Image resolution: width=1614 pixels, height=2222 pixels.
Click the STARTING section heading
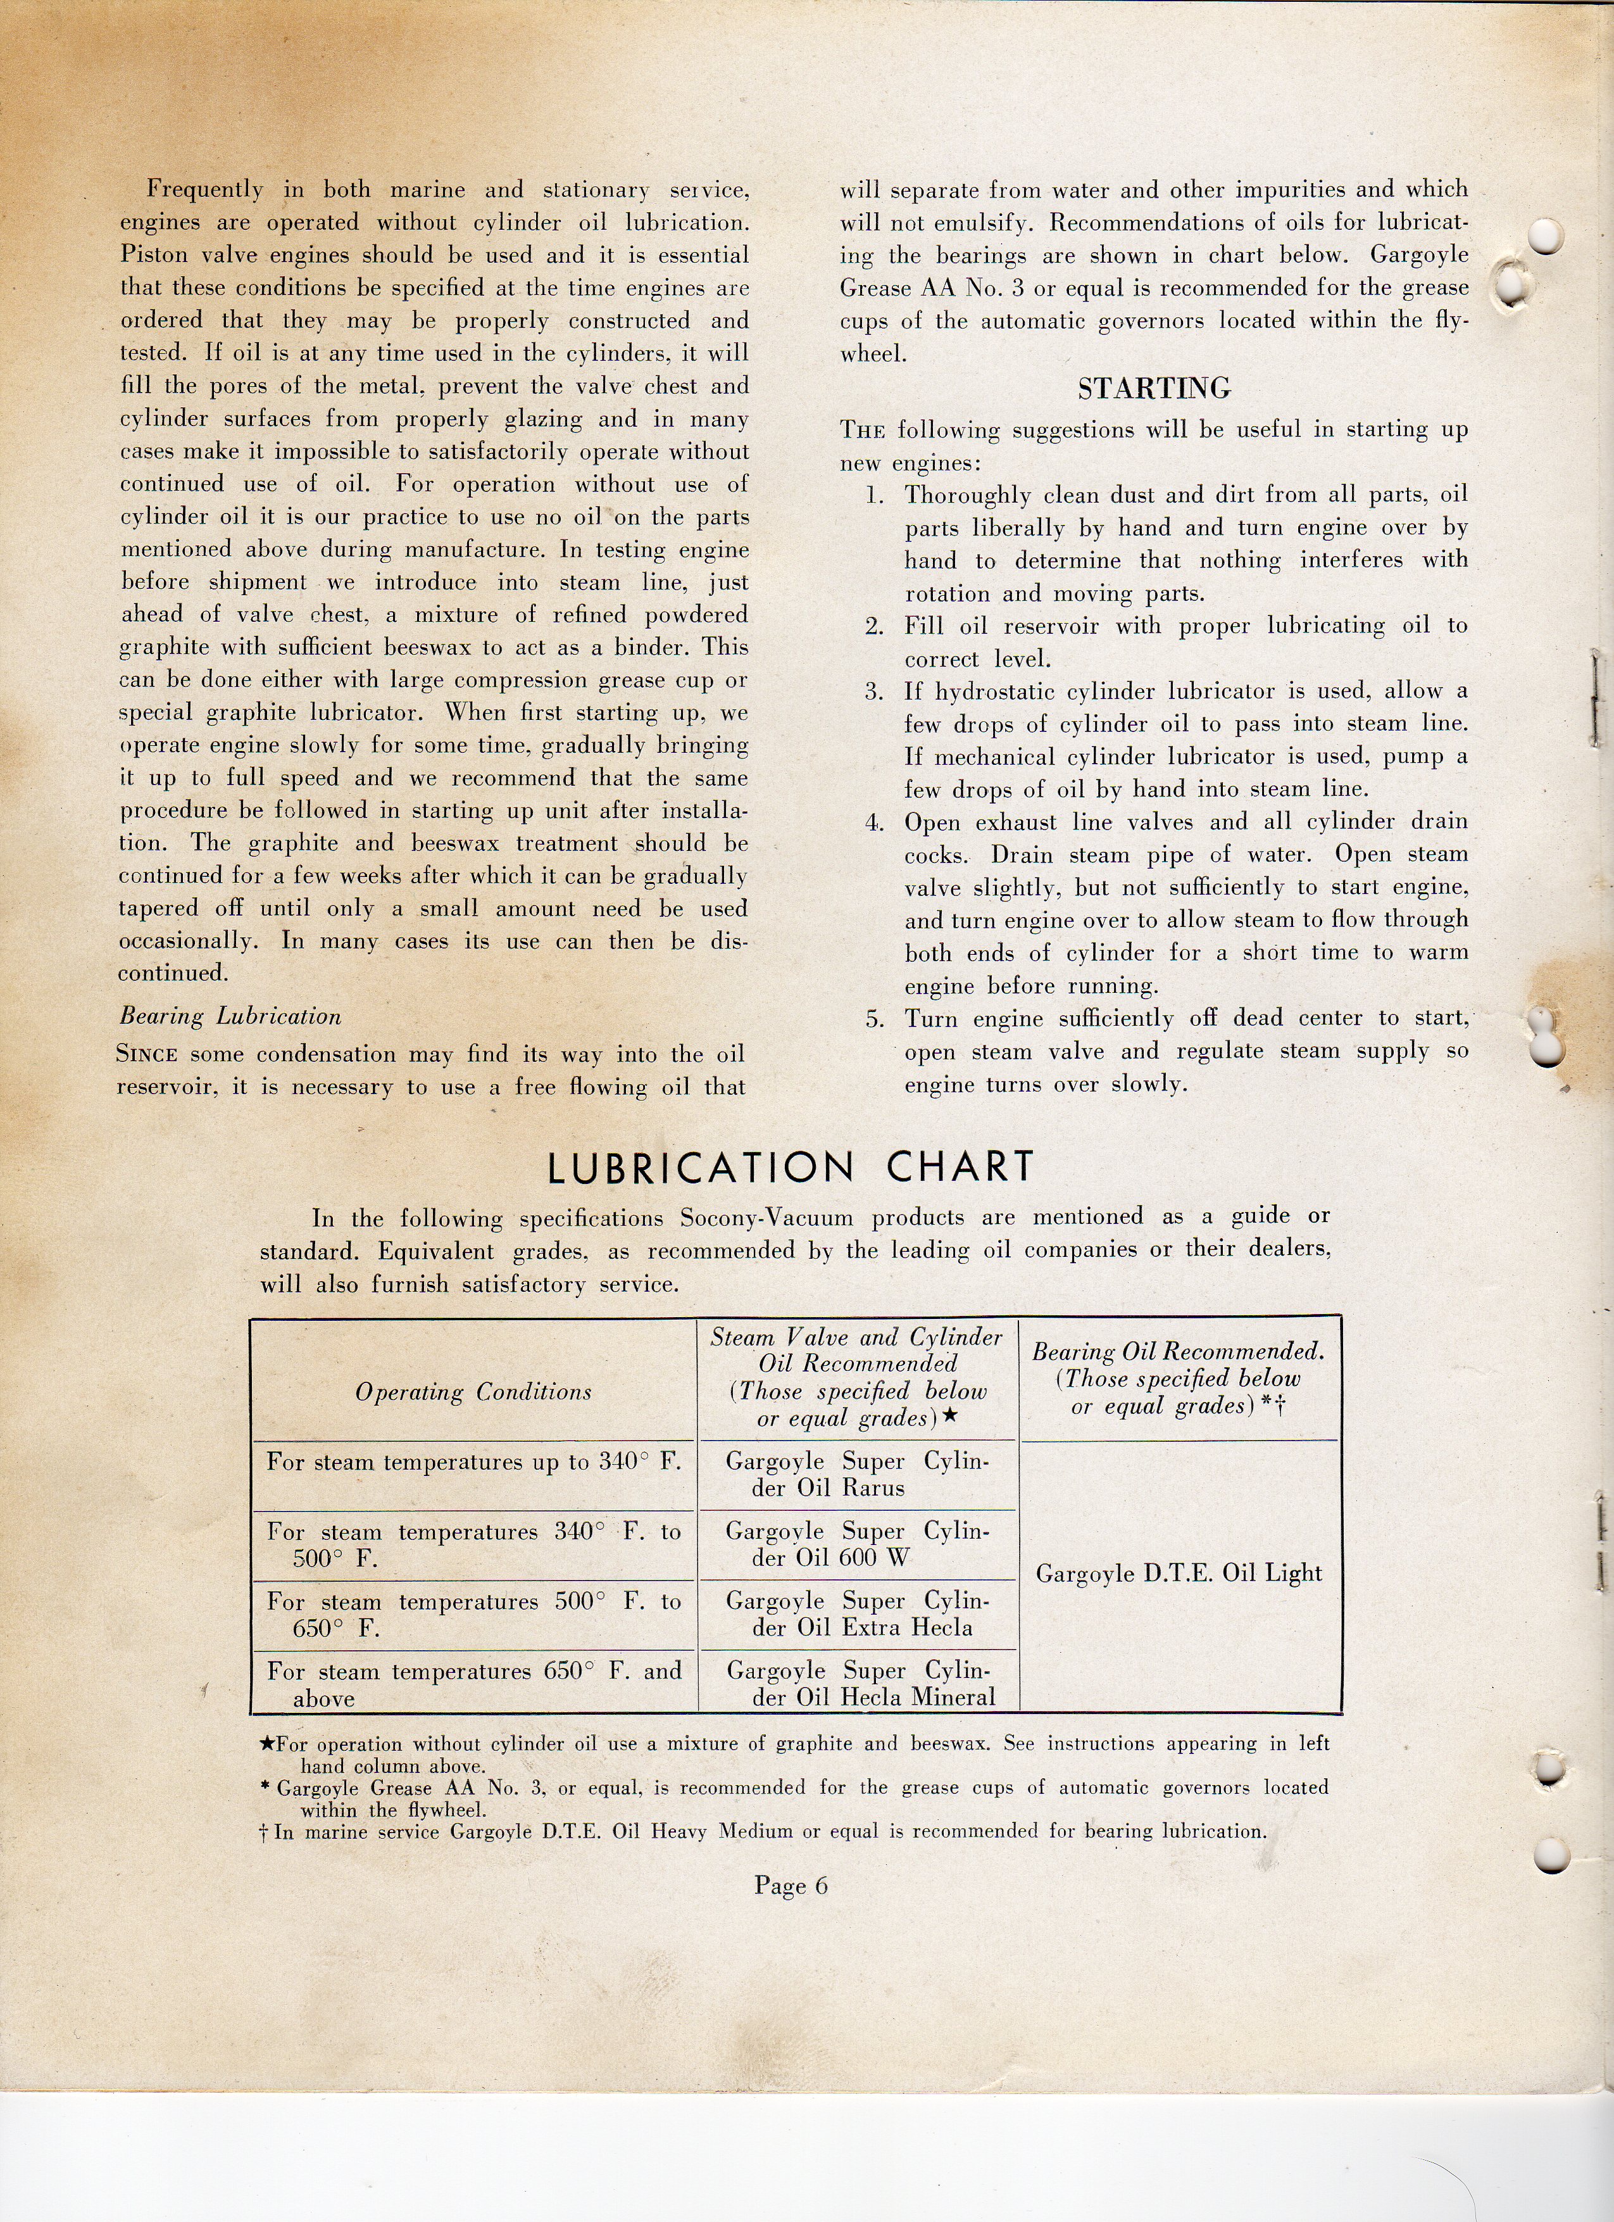click(x=1154, y=389)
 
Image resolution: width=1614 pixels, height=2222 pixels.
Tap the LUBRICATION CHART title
click(x=791, y=1167)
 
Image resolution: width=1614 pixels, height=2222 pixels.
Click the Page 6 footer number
click(x=791, y=1885)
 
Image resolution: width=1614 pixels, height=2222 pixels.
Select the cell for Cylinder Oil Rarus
click(x=858, y=1475)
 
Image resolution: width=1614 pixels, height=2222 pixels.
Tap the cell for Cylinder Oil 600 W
click(x=858, y=1545)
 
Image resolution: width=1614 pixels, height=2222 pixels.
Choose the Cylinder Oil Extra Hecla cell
click(x=858, y=1615)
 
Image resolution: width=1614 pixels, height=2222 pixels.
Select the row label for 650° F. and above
click(x=474, y=1684)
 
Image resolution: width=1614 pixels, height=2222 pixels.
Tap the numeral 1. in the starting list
click(x=875, y=496)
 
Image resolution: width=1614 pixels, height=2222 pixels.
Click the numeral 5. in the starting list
click(x=875, y=1019)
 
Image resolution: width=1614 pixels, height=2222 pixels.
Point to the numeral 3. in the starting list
click(x=875, y=691)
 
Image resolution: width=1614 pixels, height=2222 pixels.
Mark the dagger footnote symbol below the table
click(x=263, y=1832)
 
